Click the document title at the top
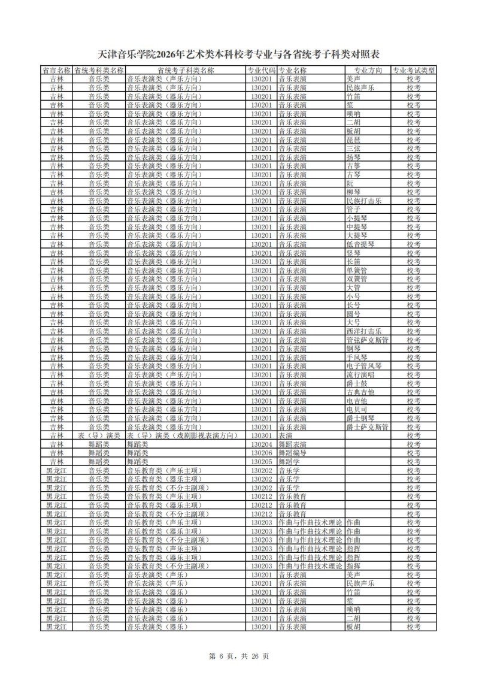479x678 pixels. (239, 55)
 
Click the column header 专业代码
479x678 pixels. (262, 70)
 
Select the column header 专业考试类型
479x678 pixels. (414, 70)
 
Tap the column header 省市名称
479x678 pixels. (56, 70)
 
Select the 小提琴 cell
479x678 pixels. (357, 218)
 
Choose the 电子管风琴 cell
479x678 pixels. (364, 366)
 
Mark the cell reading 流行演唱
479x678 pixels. (360, 375)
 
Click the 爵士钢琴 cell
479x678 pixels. (360, 418)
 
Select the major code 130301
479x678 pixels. (262, 435)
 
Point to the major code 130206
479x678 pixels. (262, 453)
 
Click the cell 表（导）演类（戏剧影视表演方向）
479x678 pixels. (185, 435)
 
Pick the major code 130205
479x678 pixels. (262, 462)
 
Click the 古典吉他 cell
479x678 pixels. (360, 392)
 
